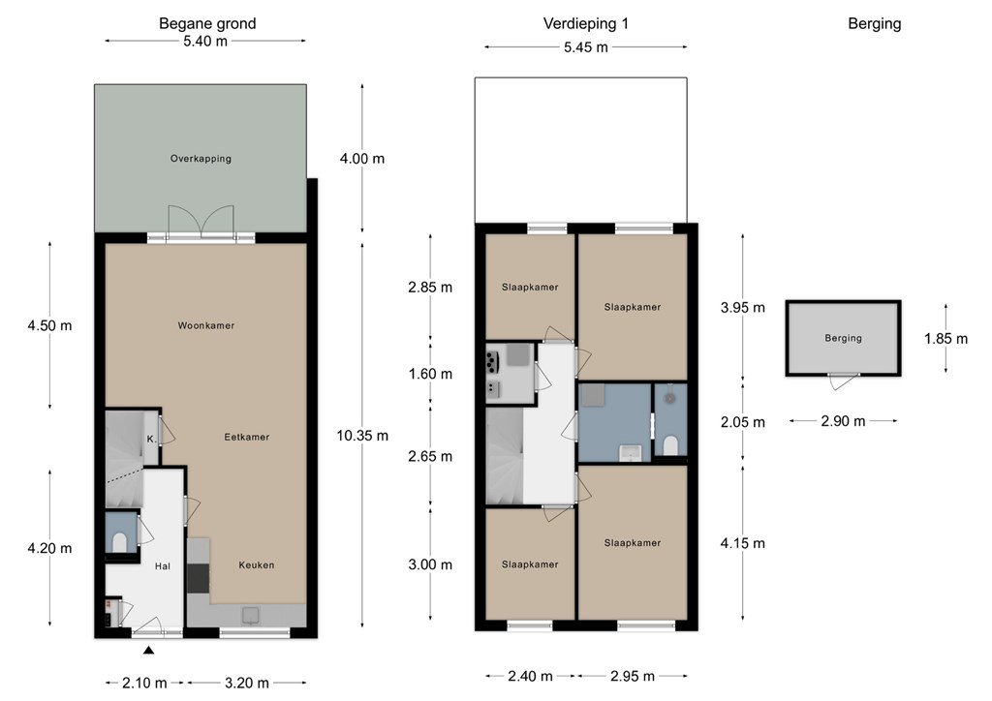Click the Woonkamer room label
point(205,325)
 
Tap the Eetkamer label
point(247,437)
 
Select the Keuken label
point(256,565)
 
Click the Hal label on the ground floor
point(163,566)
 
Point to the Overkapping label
point(201,159)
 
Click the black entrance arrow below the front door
point(148,650)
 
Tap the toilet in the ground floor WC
point(119,541)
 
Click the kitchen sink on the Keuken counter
point(251,615)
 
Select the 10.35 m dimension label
point(362,436)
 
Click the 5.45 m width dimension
point(586,47)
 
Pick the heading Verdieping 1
point(586,24)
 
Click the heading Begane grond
point(207,24)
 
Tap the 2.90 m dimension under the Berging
point(843,421)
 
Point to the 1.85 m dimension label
point(945,339)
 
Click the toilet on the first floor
point(670,445)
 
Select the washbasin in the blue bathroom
point(631,453)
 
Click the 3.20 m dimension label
point(247,683)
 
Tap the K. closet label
point(151,439)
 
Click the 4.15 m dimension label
point(743,543)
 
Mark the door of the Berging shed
point(844,381)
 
